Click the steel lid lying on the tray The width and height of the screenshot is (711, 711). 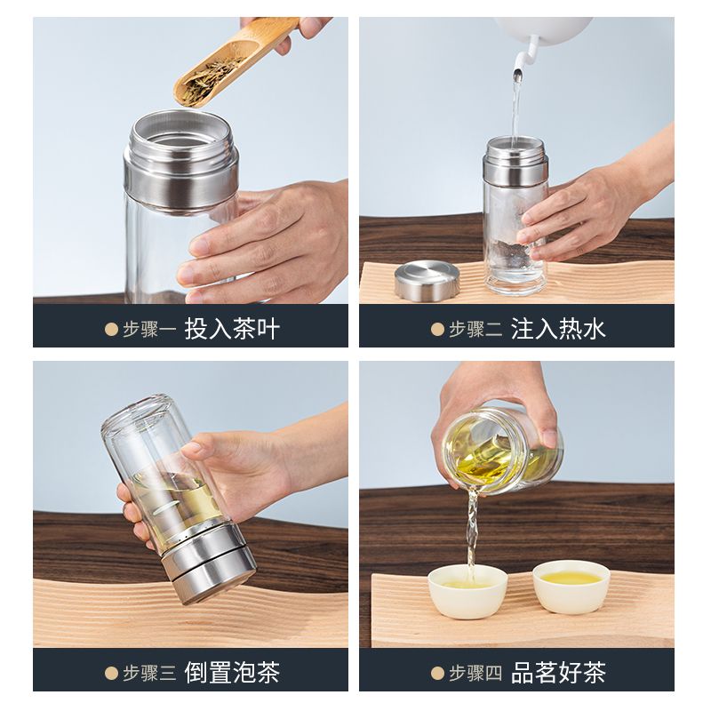click(427, 282)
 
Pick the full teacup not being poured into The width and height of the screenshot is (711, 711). click(571, 587)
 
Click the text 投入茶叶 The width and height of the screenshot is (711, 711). click(232, 329)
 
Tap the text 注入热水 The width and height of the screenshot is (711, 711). click(558, 329)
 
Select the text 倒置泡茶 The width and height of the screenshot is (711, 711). click(232, 673)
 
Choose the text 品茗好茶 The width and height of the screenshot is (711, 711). click(558, 673)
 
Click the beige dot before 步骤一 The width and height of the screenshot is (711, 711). click(112, 329)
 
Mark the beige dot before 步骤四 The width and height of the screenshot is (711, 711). click(437, 674)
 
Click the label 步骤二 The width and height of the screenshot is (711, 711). click(475, 329)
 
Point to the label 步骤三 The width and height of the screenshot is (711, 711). click(149, 674)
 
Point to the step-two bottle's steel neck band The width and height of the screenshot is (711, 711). click(515, 172)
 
